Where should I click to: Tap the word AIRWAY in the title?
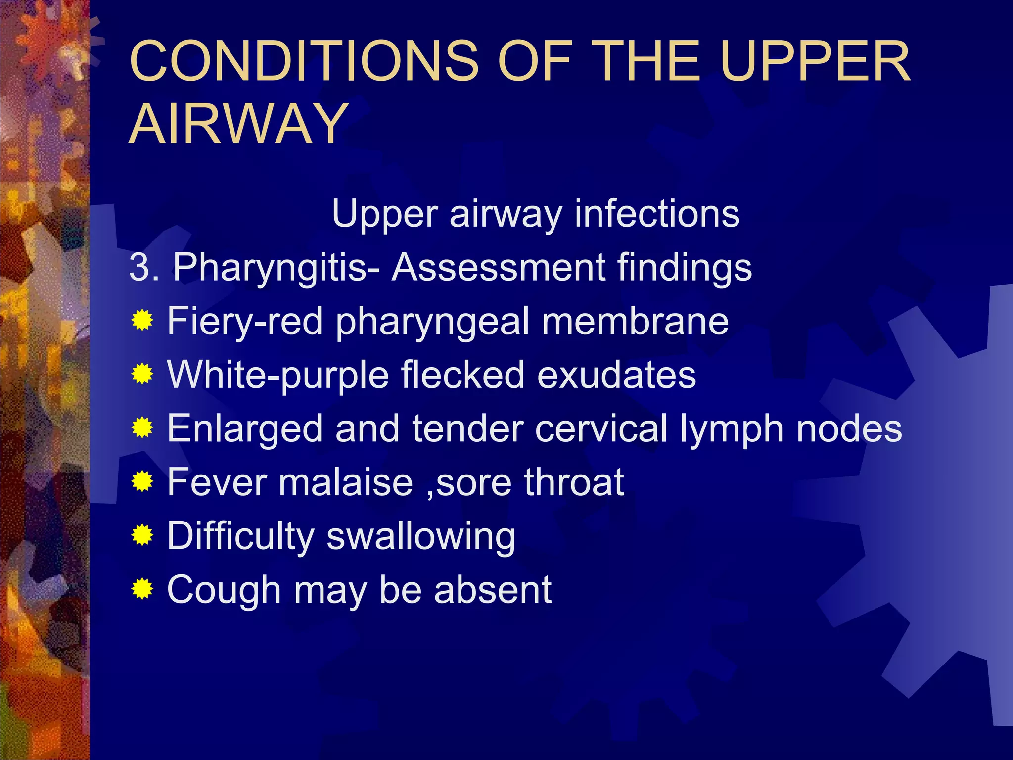(x=238, y=124)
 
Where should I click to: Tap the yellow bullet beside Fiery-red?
(x=142, y=321)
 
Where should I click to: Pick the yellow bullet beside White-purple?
(x=142, y=375)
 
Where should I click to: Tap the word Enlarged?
(x=245, y=428)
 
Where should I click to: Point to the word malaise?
(x=345, y=482)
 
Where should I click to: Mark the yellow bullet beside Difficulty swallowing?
(x=142, y=535)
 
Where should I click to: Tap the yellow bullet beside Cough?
(x=142, y=589)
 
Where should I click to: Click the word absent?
(x=493, y=589)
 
